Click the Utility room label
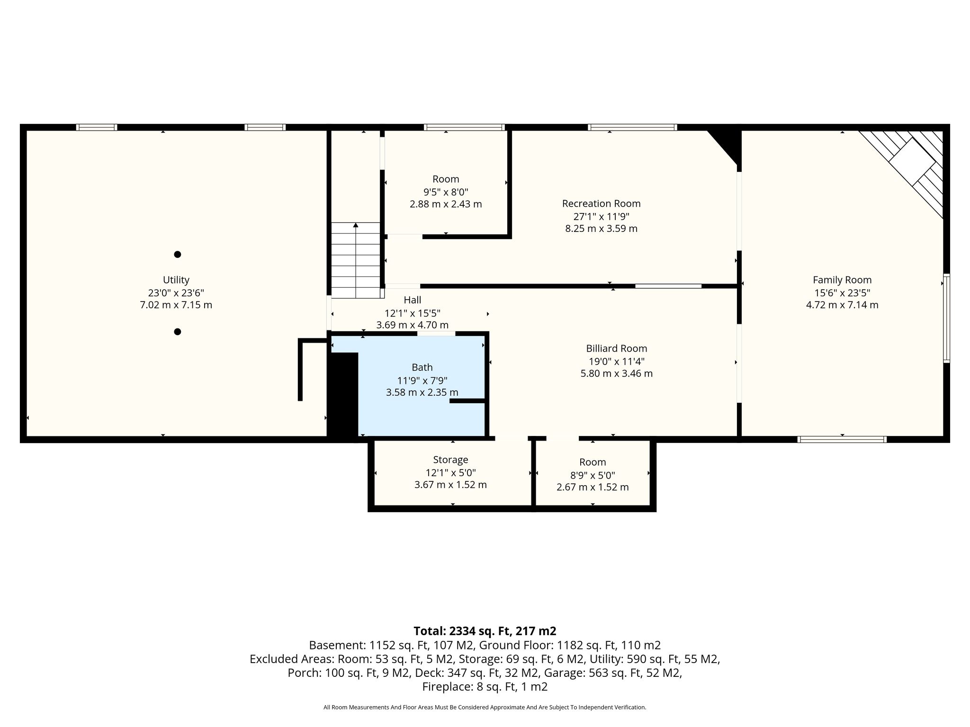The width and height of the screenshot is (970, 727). click(x=176, y=280)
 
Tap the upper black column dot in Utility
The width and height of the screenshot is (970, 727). click(x=178, y=254)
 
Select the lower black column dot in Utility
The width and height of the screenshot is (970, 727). click(x=178, y=332)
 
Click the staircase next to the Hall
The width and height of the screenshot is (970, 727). click(x=355, y=260)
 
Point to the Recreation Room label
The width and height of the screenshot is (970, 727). click(x=601, y=204)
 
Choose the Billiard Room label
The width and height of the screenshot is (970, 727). click(x=617, y=348)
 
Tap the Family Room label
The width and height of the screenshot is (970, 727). click(x=842, y=280)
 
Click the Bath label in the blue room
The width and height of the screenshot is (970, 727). click(x=422, y=367)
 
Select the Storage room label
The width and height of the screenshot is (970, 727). click(x=450, y=460)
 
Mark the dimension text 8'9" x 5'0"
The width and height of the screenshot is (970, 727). click(x=593, y=475)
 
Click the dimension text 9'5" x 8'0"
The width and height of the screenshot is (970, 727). click(x=446, y=192)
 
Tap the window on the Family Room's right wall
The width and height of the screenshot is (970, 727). click(x=946, y=318)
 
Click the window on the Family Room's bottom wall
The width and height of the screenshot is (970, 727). click(x=842, y=439)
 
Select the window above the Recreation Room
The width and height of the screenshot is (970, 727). click(x=632, y=127)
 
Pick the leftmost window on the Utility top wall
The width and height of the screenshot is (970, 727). click(x=97, y=127)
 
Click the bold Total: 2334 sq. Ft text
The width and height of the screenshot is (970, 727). click(x=485, y=631)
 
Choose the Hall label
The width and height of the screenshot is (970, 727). click(x=412, y=300)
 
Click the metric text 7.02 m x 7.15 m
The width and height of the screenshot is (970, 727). click(x=176, y=305)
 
